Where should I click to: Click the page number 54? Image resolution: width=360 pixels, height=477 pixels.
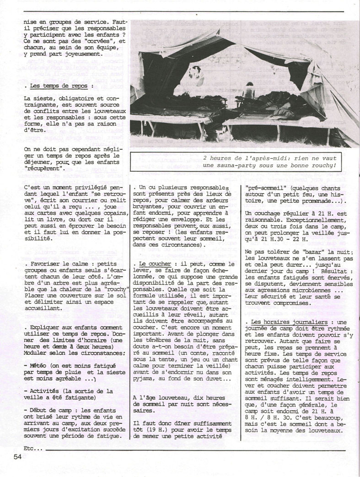(x=17, y=456)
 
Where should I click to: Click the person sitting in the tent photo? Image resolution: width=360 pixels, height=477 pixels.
(x=249, y=91)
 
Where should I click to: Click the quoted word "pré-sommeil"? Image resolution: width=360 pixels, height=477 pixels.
(x=265, y=188)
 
